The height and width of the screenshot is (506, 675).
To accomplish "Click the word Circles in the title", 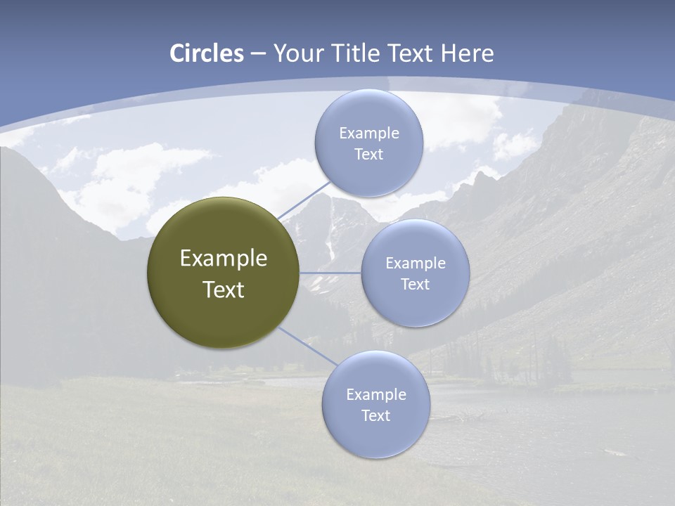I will [207, 53].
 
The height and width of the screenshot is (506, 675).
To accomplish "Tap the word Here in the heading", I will [467, 53].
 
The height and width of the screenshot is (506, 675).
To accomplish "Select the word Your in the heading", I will [299, 53].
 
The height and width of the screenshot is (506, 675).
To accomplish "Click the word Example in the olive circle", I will [224, 259].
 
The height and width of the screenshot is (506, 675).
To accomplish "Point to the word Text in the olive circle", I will [224, 290].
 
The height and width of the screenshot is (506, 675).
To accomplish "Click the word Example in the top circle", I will [368, 134].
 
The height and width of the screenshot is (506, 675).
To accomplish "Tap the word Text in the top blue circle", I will [368, 155].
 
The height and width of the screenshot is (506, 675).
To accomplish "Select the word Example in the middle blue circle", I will [415, 264].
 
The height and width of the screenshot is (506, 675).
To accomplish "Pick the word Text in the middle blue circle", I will [415, 285].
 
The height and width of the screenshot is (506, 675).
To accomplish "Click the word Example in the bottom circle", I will [375, 395].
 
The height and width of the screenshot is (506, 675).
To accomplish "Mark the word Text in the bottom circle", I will [375, 416].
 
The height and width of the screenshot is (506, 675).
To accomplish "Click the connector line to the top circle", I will [304, 201].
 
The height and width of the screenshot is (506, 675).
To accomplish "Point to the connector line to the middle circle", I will [330, 273].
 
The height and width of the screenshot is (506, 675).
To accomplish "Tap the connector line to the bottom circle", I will [308, 346].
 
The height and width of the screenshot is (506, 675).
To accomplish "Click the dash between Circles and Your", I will [258, 53].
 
